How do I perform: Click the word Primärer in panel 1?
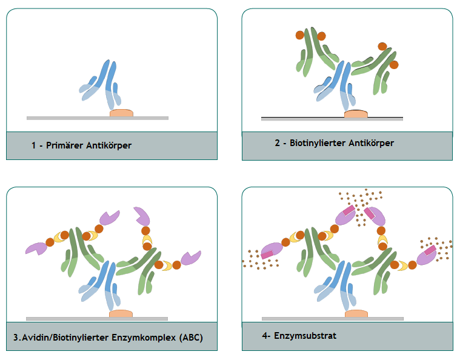pyautogui.click(x=64, y=145)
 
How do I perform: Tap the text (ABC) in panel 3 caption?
pyautogui.click(x=191, y=338)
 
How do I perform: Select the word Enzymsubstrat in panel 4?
pyautogui.click(x=305, y=336)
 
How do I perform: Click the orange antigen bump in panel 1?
pyautogui.click(x=122, y=113)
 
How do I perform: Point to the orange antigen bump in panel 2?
pyautogui.click(x=356, y=114)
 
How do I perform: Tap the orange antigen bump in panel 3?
pyautogui.click(x=121, y=313)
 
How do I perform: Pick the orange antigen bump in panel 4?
pyautogui.click(x=356, y=313)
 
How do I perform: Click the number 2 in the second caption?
pyautogui.click(x=277, y=143)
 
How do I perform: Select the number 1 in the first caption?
pyautogui.click(x=34, y=145)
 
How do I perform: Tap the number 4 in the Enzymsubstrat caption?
pyautogui.click(x=265, y=336)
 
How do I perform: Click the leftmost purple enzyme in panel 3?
pyautogui.click(x=36, y=248)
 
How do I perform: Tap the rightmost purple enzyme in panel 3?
pyautogui.click(x=191, y=258)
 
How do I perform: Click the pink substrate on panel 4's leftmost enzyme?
pyautogui.click(x=267, y=255)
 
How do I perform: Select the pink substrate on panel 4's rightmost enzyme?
pyautogui.click(x=430, y=250)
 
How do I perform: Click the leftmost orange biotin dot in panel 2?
pyautogui.click(x=300, y=35)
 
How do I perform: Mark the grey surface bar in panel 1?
pyautogui.click(x=98, y=118)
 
